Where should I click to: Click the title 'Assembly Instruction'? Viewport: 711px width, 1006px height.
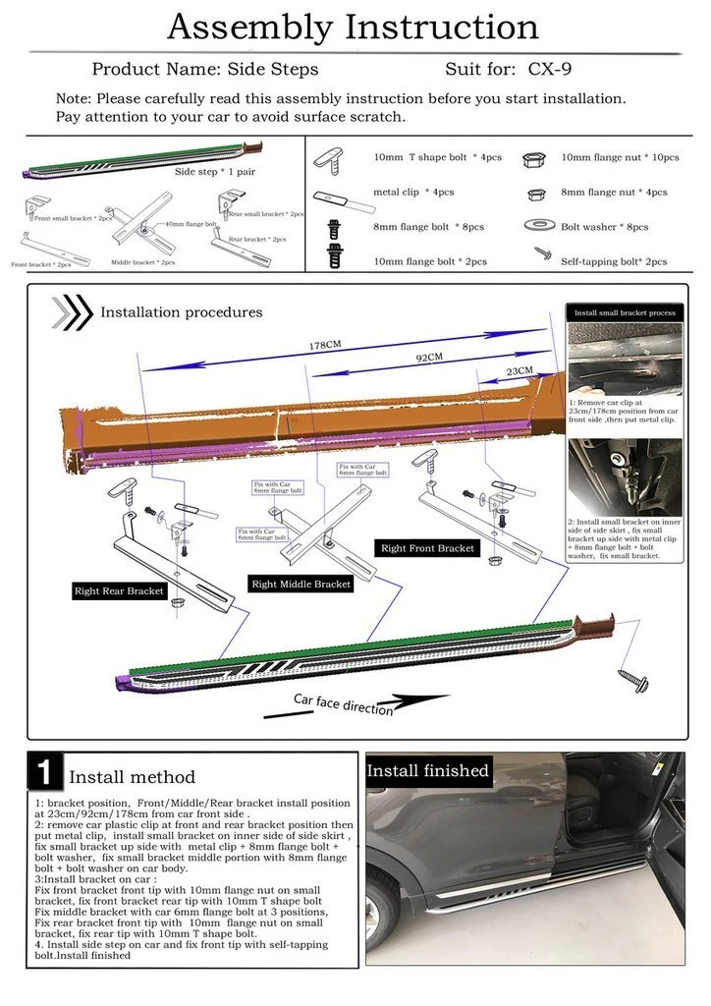click(353, 27)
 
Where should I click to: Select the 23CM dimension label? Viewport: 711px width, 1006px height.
click(519, 371)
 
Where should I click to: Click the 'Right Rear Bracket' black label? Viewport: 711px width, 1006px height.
click(120, 591)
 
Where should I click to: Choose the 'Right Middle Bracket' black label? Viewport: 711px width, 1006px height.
click(301, 584)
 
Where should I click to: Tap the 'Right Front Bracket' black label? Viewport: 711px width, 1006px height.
click(428, 548)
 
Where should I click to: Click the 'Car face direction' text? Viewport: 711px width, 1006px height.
click(344, 703)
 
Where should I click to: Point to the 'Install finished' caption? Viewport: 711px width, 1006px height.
click(428, 771)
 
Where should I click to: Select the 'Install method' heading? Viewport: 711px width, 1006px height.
click(132, 777)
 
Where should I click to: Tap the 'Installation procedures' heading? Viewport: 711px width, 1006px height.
click(182, 312)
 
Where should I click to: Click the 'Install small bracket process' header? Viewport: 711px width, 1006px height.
click(625, 312)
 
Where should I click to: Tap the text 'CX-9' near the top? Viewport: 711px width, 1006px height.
click(551, 70)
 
